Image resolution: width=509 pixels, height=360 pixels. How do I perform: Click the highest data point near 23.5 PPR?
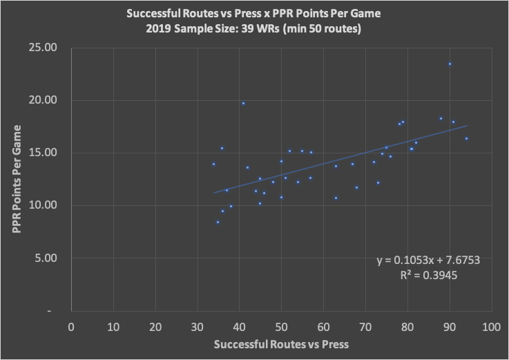point(450,64)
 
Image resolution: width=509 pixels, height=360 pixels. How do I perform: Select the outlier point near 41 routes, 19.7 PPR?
point(243,104)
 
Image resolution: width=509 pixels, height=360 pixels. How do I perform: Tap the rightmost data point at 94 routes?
point(466,138)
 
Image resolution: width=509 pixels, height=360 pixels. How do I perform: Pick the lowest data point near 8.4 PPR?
point(218,222)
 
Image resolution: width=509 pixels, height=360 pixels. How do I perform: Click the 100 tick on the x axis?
point(491,325)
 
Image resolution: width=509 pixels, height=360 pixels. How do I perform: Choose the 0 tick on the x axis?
point(71,325)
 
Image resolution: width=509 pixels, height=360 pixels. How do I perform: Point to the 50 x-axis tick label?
point(281,325)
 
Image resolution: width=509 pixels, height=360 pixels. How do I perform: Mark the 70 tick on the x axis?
point(365,325)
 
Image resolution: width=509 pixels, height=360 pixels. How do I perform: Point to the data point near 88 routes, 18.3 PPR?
point(441,118)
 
